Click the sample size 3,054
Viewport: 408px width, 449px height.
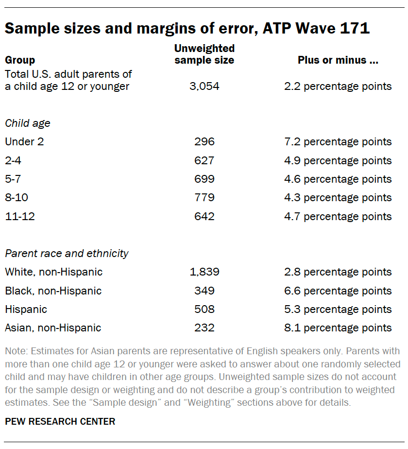[x=204, y=86]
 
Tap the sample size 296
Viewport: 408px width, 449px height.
[x=204, y=142]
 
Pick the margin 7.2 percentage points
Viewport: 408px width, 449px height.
[x=338, y=142]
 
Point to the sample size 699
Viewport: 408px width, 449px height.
[x=204, y=179]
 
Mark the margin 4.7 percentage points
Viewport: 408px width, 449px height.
[x=338, y=216]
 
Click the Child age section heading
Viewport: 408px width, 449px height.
[x=28, y=123]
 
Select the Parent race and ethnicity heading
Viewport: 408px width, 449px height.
[x=67, y=253]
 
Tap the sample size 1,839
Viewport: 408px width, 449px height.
[x=204, y=272]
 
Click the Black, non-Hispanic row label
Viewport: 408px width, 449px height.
[x=53, y=291]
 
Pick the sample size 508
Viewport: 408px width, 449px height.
[x=204, y=309]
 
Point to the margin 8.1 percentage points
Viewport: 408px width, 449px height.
[x=338, y=328]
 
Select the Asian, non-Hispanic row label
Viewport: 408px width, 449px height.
[x=53, y=328]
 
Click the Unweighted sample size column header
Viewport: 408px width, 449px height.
[x=204, y=54]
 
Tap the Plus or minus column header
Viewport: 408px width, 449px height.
[x=338, y=61]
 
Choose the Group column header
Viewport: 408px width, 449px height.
[x=20, y=61]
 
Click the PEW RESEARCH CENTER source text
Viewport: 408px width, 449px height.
[x=60, y=421]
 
